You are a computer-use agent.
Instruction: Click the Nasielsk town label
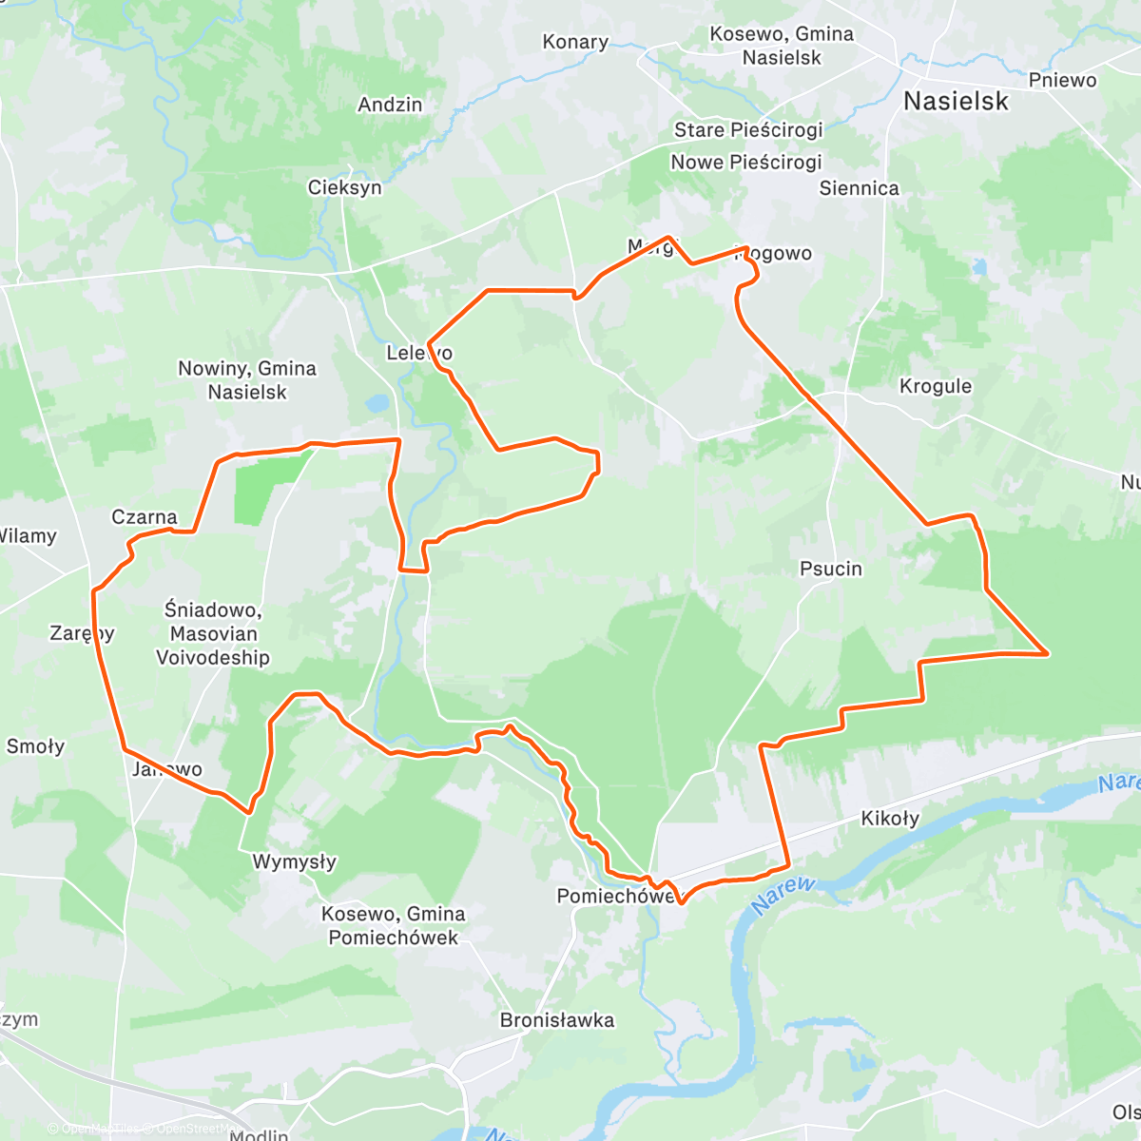click(955, 101)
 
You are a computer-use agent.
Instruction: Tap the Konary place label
click(574, 42)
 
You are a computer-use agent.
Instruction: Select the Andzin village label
click(390, 105)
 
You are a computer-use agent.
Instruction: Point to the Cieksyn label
click(344, 187)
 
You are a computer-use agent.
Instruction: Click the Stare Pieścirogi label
click(747, 129)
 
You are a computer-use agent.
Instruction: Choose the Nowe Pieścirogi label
click(745, 162)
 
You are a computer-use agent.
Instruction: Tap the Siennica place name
click(859, 188)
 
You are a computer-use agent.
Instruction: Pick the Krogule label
click(935, 386)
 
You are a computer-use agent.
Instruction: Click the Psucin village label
click(830, 569)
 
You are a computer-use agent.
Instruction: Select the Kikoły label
click(889, 818)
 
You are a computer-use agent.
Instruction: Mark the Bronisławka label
click(556, 1020)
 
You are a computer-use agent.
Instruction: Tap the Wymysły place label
click(294, 861)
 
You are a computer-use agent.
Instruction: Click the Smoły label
click(35, 746)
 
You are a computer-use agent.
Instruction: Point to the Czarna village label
click(144, 517)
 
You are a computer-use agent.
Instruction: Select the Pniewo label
click(1062, 80)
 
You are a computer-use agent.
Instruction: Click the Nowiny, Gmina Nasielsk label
click(247, 379)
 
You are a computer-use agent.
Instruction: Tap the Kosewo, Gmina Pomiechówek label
click(393, 925)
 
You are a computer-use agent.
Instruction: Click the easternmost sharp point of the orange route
click(1047, 653)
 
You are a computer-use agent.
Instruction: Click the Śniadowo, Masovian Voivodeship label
click(212, 633)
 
